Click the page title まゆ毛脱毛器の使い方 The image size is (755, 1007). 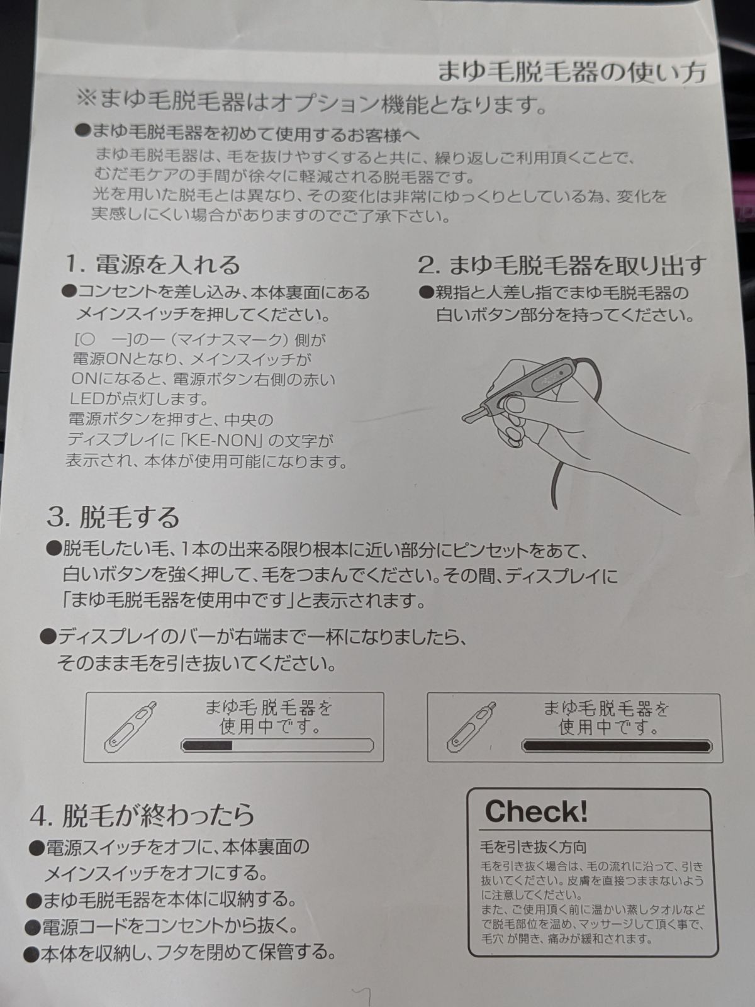572,72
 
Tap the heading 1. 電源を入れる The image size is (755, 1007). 153,265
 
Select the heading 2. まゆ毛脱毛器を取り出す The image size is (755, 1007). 561,265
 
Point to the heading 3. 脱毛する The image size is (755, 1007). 113,517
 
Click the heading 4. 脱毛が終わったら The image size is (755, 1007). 143,815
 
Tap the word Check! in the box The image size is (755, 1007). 536,811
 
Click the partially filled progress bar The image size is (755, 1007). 277,745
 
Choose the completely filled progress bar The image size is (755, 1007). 617,746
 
